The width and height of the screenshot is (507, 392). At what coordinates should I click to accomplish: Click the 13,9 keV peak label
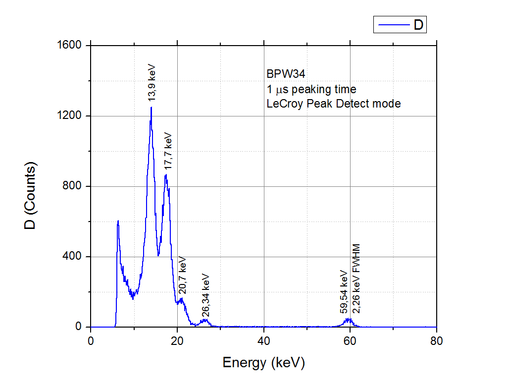(x=152, y=82)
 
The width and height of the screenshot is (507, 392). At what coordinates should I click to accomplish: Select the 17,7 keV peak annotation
(x=168, y=151)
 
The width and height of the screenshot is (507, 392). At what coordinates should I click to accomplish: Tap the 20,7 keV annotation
(x=182, y=275)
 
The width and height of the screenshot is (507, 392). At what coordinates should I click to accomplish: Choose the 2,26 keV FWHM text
(x=355, y=279)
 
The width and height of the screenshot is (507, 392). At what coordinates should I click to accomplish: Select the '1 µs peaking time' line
(x=311, y=89)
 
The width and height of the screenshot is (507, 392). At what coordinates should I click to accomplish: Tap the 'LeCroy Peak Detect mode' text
(x=333, y=104)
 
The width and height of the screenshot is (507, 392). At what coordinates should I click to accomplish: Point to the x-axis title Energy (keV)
(x=263, y=363)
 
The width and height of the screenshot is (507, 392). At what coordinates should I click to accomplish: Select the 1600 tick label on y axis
(x=70, y=46)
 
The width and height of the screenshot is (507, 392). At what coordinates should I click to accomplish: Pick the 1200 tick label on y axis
(x=70, y=116)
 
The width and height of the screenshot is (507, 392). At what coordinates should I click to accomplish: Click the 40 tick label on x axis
(x=263, y=341)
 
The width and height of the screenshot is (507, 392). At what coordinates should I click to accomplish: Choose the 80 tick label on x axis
(x=437, y=341)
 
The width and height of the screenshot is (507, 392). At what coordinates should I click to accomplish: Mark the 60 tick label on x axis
(x=350, y=341)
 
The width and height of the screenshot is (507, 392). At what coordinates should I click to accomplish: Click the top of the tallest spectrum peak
(x=151, y=107)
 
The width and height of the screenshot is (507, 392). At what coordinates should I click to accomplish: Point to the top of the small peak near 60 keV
(x=349, y=319)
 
